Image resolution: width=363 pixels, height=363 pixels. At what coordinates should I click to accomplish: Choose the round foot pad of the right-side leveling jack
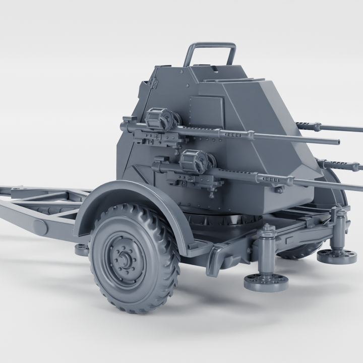(337, 256)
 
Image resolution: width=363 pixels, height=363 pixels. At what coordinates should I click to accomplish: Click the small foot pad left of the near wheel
(82, 250)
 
